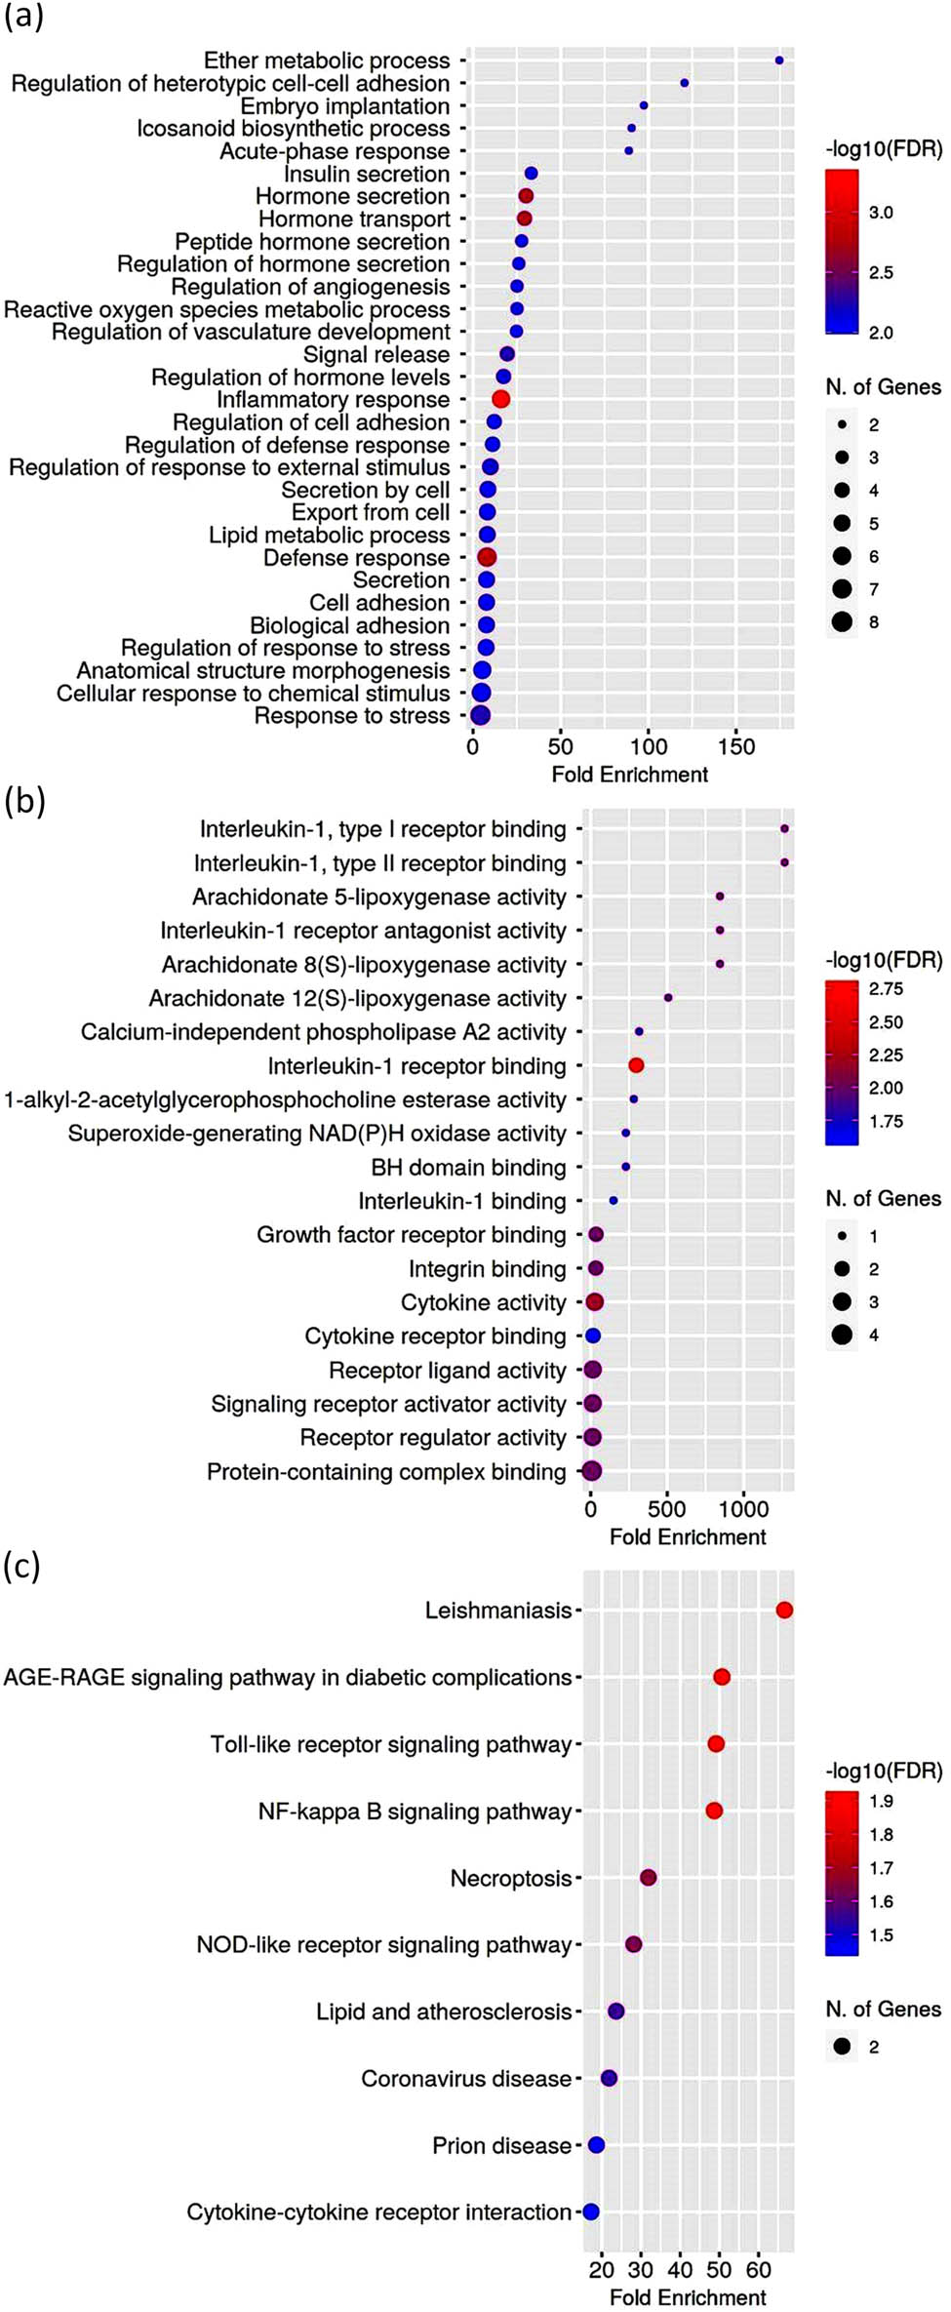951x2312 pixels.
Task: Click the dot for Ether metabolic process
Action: point(778,60)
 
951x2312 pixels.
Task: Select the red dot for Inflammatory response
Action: point(500,399)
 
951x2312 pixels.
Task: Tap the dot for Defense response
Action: point(487,557)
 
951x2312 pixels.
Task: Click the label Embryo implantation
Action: point(345,106)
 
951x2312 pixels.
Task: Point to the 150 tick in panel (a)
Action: point(736,747)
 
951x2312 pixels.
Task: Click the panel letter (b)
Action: point(25,801)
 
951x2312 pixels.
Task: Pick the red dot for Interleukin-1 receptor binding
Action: point(636,1065)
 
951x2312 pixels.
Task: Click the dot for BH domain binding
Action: point(625,1167)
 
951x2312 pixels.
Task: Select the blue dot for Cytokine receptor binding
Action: point(593,1335)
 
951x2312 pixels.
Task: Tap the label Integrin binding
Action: point(487,1269)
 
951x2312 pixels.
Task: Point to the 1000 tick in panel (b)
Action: point(743,1509)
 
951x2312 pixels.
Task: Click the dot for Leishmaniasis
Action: point(784,1610)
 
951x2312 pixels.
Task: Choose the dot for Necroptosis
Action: point(648,1878)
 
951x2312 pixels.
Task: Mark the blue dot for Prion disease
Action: point(596,2145)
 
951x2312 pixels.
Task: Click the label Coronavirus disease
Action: point(465,2079)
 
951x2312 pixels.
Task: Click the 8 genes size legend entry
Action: point(843,621)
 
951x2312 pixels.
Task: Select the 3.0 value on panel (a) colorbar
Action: point(881,213)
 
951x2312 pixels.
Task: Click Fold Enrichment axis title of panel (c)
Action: point(688,2296)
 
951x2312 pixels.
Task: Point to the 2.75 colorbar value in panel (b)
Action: point(886,989)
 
